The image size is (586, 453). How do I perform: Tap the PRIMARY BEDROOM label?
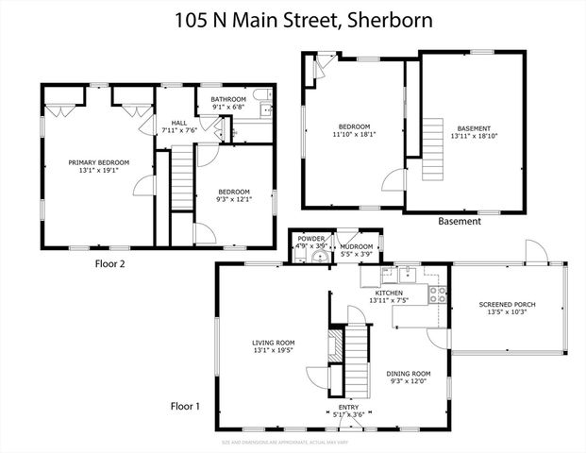coord(98,162)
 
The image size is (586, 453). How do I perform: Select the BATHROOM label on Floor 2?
coord(228,99)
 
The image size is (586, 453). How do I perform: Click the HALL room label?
coord(178,121)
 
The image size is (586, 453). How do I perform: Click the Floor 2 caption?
coord(109,264)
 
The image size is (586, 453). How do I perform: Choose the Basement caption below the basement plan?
coord(460,222)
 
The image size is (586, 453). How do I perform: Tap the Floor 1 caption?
coord(185,407)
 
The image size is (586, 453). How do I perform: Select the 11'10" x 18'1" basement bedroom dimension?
coord(355,135)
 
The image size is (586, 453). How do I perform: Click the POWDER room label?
coord(310,239)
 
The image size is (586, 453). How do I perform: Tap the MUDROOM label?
coord(356,239)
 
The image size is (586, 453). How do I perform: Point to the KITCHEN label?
coord(389,294)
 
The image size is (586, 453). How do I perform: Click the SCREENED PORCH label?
coord(507,304)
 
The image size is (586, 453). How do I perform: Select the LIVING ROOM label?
coord(274,343)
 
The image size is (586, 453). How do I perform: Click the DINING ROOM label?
coord(409,373)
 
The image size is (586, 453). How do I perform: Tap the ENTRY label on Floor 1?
coord(349,407)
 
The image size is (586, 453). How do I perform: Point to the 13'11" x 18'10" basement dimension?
coord(474,135)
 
